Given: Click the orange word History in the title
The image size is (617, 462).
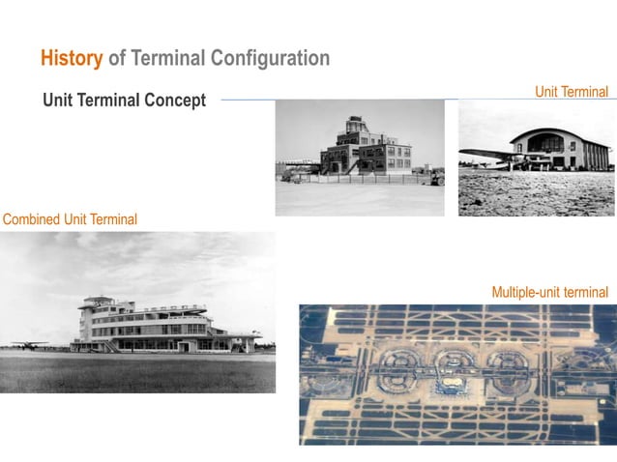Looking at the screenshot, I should click(x=72, y=59).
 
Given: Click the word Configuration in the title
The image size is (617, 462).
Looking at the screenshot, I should click(x=274, y=59).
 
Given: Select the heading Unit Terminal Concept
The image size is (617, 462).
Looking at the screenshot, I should click(x=124, y=101).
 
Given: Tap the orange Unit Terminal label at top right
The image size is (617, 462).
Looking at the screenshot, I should click(x=572, y=92).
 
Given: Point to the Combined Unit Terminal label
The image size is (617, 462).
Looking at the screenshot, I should click(x=70, y=219).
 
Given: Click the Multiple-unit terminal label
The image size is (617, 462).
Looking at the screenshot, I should click(x=549, y=292).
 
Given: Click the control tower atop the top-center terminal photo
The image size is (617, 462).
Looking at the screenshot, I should click(x=355, y=126).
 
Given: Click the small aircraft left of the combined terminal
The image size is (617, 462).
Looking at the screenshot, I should click(x=29, y=344).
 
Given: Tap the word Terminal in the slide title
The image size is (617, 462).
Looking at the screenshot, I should click(x=171, y=59).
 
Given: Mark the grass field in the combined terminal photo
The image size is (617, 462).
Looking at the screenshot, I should click(x=135, y=372).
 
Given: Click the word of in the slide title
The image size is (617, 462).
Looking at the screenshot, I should click(x=117, y=59).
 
